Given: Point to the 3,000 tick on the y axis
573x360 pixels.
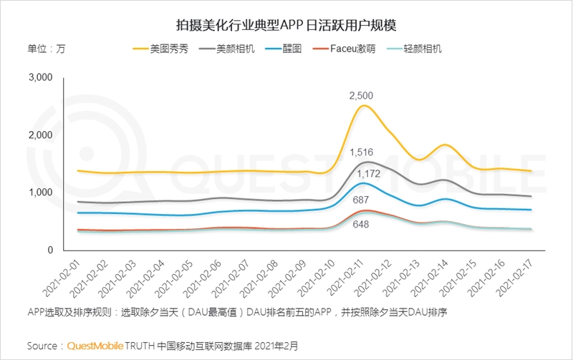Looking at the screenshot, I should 41,77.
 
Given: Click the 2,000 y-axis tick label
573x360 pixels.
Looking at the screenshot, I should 41,135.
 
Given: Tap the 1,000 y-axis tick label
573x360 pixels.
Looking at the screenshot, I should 41,193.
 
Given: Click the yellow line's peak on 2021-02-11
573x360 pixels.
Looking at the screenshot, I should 365,106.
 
